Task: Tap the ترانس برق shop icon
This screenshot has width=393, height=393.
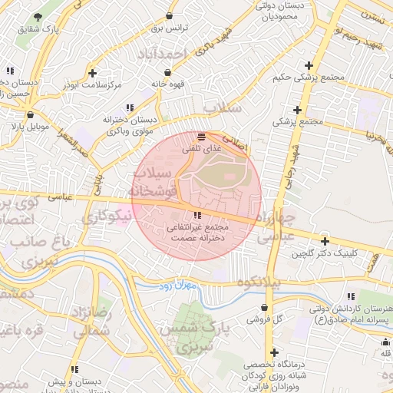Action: coord(169,15)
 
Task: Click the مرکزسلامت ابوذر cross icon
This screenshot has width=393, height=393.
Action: coord(93,74)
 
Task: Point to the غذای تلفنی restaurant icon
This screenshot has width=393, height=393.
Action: coord(201,137)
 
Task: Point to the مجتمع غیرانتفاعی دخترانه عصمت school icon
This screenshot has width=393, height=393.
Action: coord(197,216)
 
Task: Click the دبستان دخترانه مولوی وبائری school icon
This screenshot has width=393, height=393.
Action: coord(130,107)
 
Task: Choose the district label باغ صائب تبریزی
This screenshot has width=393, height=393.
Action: coord(33,251)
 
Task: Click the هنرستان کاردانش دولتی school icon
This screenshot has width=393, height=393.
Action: coord(349,296)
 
